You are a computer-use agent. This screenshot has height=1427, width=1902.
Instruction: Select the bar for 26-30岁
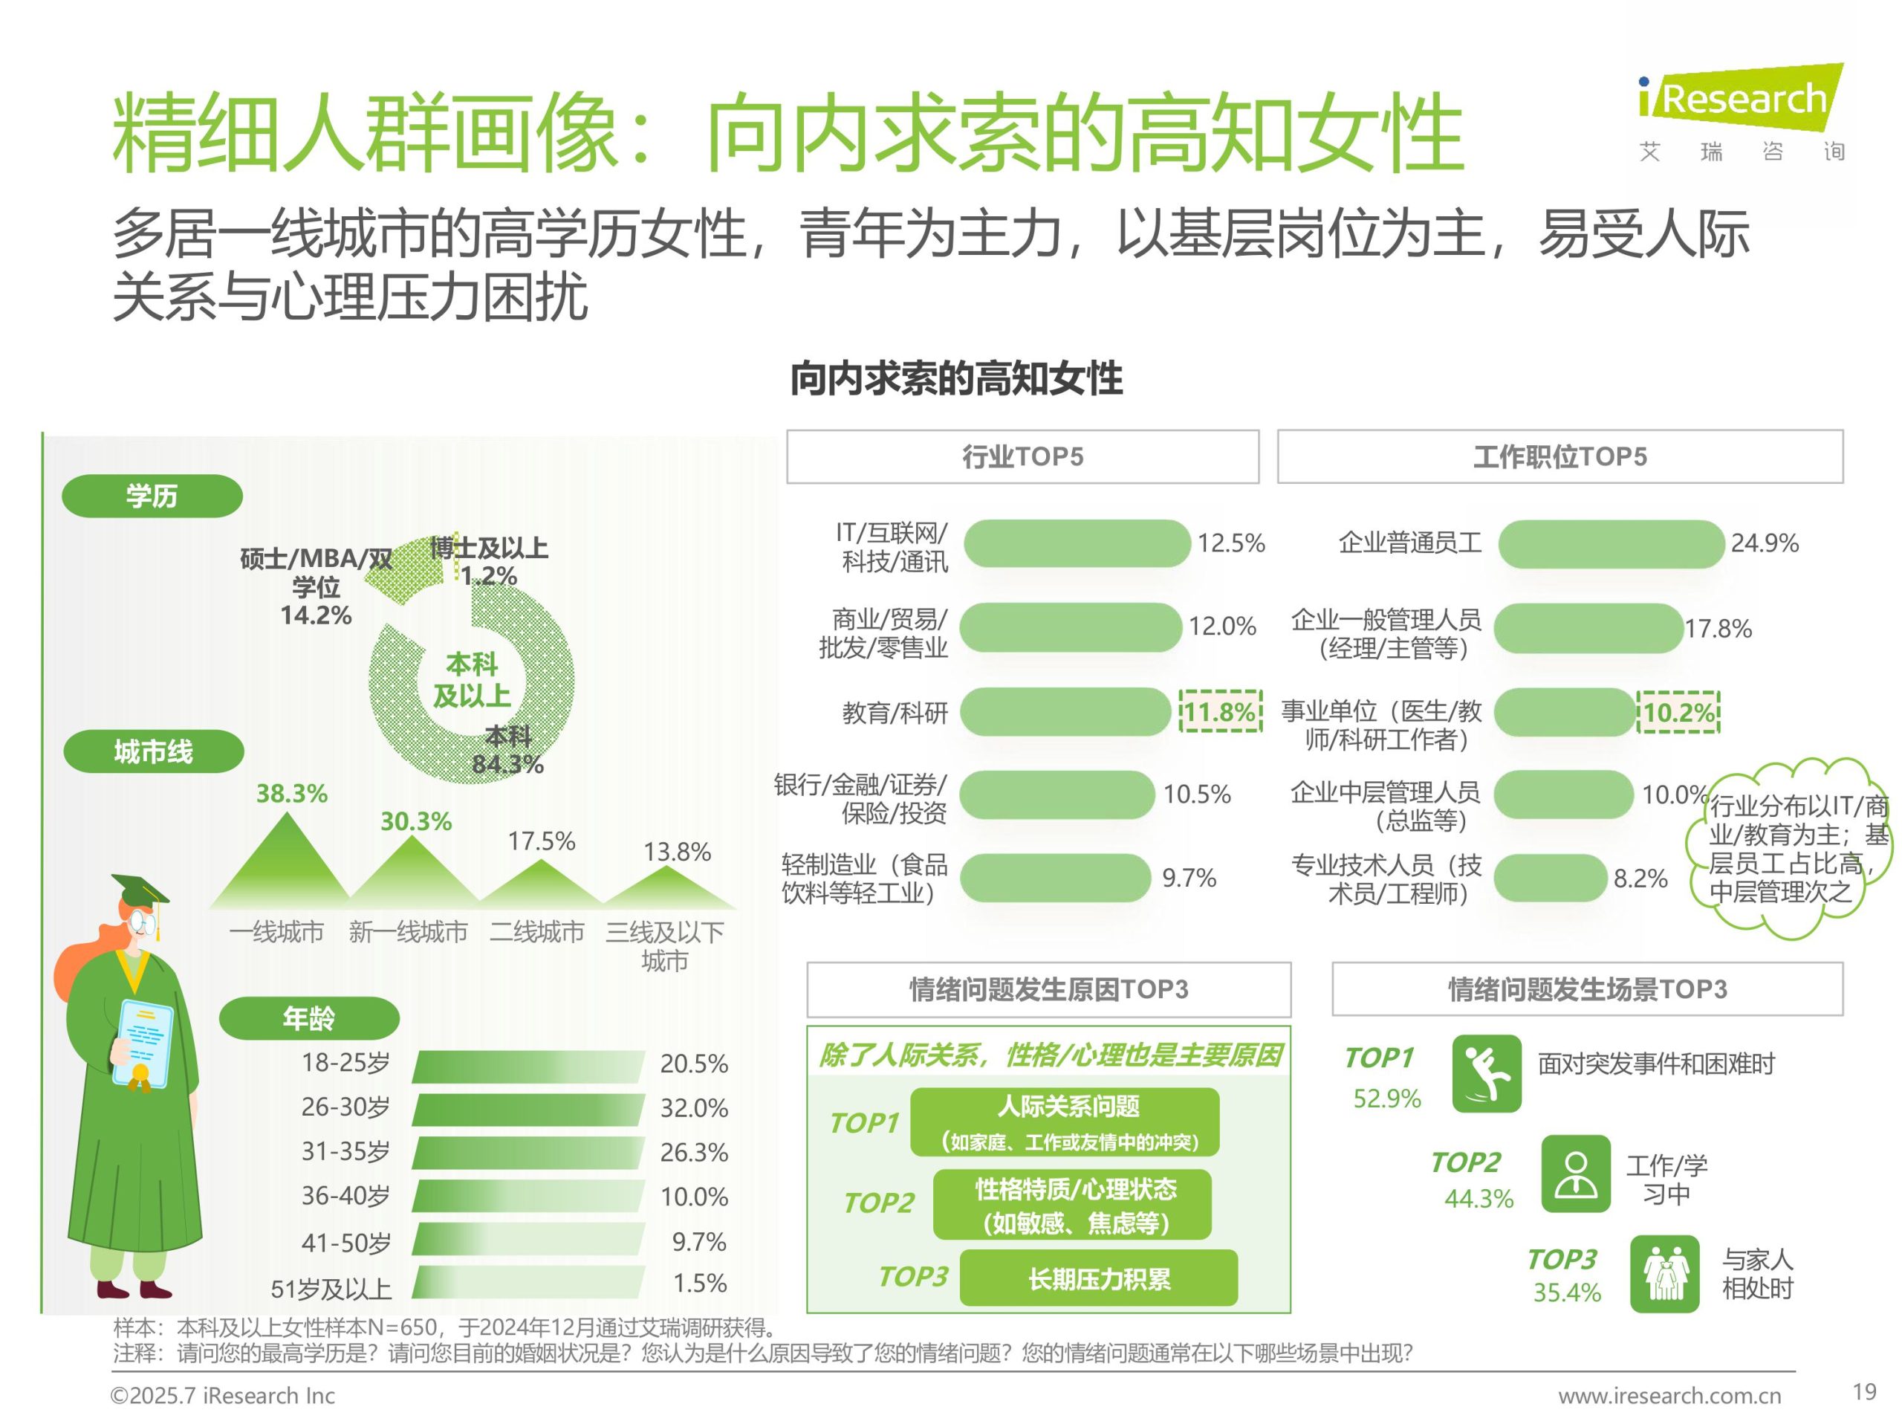(528, 1109)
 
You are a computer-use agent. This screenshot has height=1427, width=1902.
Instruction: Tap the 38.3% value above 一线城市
(291, 793)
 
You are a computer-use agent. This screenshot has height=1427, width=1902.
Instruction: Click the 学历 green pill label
(152, 496)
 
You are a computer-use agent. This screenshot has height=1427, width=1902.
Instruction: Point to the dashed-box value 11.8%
(1220, 712)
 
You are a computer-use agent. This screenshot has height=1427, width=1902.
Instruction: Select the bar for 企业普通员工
(1611, 543)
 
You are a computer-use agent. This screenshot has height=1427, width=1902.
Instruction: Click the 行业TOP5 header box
(1022, 457)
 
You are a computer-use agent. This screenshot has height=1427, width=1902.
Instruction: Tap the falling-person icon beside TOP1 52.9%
(1486, 1074)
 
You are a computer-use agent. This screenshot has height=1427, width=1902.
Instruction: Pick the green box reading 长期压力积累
(1098, 1278)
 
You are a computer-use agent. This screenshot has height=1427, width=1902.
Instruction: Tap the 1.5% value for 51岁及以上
(699, 1283)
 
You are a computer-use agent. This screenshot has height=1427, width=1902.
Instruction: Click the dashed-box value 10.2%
(1678, 712)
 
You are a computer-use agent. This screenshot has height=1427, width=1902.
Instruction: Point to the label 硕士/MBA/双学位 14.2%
(316, 586)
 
